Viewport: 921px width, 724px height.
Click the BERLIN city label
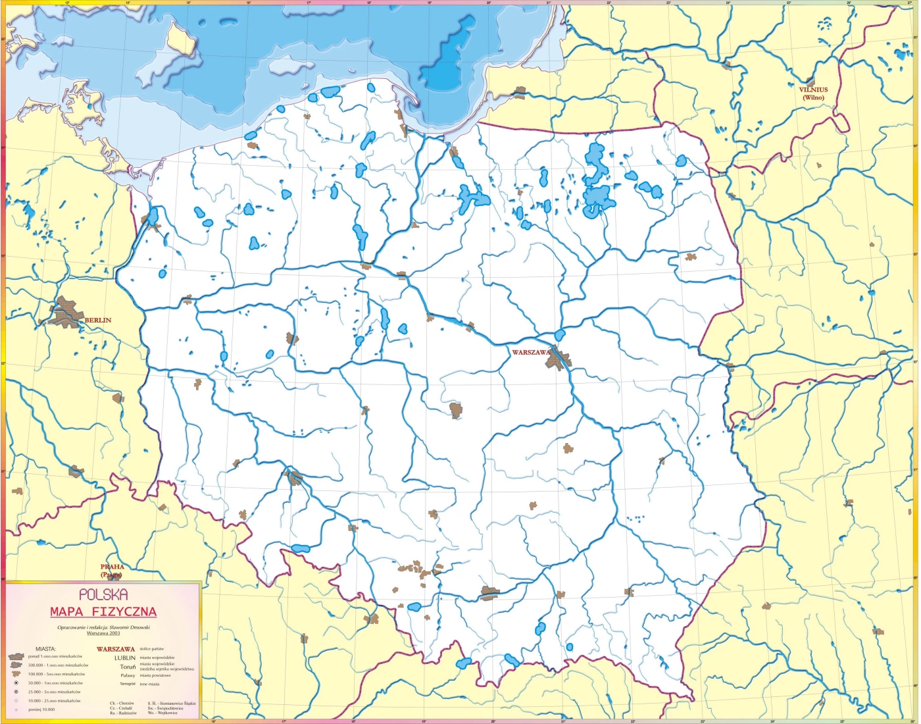(x=98, y=321)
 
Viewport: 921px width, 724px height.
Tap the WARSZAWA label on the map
(x=532, y=353)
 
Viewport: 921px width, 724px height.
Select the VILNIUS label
(x=813, y=90)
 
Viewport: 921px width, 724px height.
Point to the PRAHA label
(x=112, y=567)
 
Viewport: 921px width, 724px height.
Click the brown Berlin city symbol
(x=66, y=312)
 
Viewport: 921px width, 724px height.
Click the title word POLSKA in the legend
(x=103, y=595)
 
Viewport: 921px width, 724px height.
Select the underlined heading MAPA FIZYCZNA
(x=103, y=612)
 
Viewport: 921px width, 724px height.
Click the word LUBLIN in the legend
(x=125, y=658)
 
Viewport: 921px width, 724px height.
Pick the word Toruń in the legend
(x=128, y=667)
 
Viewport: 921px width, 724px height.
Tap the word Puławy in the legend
(x=128, y=675)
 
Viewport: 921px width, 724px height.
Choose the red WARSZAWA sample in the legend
(x=116, y=649)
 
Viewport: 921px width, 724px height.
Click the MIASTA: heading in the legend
(x=45, y=649)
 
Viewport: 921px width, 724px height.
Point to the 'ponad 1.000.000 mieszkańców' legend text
(x=55, y=657)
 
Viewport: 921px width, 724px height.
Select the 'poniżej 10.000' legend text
(x=41, y=710)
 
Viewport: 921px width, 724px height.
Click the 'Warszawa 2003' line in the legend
(x=103, y=633)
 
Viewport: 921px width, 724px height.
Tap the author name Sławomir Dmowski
(x=127, y=627)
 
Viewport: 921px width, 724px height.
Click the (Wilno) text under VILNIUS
(x=813, y=98)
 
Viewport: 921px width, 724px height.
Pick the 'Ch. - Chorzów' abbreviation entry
(x=122, y=704)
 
